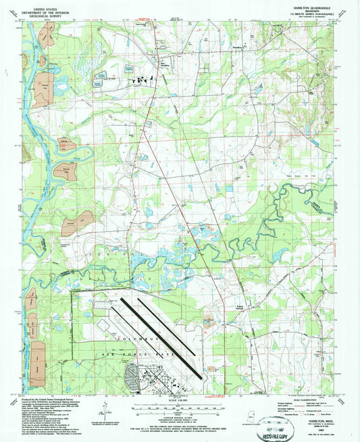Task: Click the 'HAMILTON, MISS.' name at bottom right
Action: click(x=317, y=421)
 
